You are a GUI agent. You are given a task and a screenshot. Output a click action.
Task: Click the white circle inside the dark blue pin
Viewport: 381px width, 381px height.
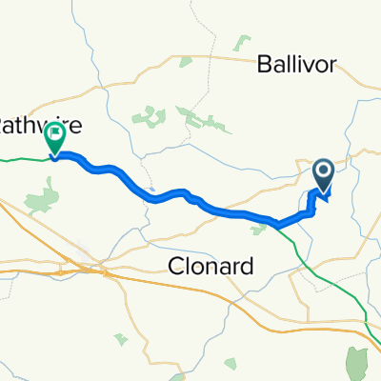click(x=324, y=171)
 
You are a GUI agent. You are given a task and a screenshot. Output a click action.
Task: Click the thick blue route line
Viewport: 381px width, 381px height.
click(x=171, y=194)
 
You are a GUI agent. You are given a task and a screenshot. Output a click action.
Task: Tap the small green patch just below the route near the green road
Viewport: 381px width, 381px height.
click(x=258, y=228)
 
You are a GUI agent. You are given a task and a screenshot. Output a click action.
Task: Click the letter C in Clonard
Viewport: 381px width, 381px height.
click(x=173, y=268)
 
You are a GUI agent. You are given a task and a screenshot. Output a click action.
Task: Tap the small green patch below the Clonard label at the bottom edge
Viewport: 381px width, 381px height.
click(x=119, y=338)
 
